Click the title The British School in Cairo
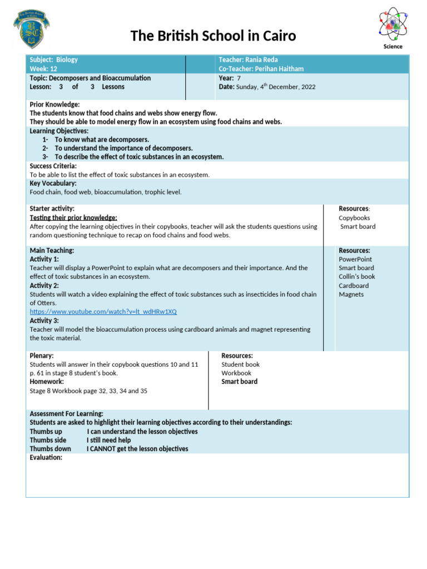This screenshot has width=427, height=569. [x=213, y=37]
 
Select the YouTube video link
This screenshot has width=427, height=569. [x=103, y=312]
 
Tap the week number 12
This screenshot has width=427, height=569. [x=53, y=69]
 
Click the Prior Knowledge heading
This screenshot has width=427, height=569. [x=54, y=104]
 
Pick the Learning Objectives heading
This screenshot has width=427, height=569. [x=59, y=131]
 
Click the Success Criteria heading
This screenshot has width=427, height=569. [x=53, y=166]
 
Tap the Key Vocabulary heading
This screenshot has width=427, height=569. [x=53, y=183]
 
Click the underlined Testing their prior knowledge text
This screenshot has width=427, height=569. [x=73, y=218]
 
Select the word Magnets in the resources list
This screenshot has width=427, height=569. [x=351, y=295]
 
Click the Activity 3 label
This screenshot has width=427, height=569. [x=44, y=321]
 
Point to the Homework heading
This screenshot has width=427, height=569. [x=47, y=382]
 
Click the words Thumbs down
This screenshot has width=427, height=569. [x=51, y=449]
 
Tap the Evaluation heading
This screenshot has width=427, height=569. [x=46, y=457]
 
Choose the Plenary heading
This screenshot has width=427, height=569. [x=42, y=356]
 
